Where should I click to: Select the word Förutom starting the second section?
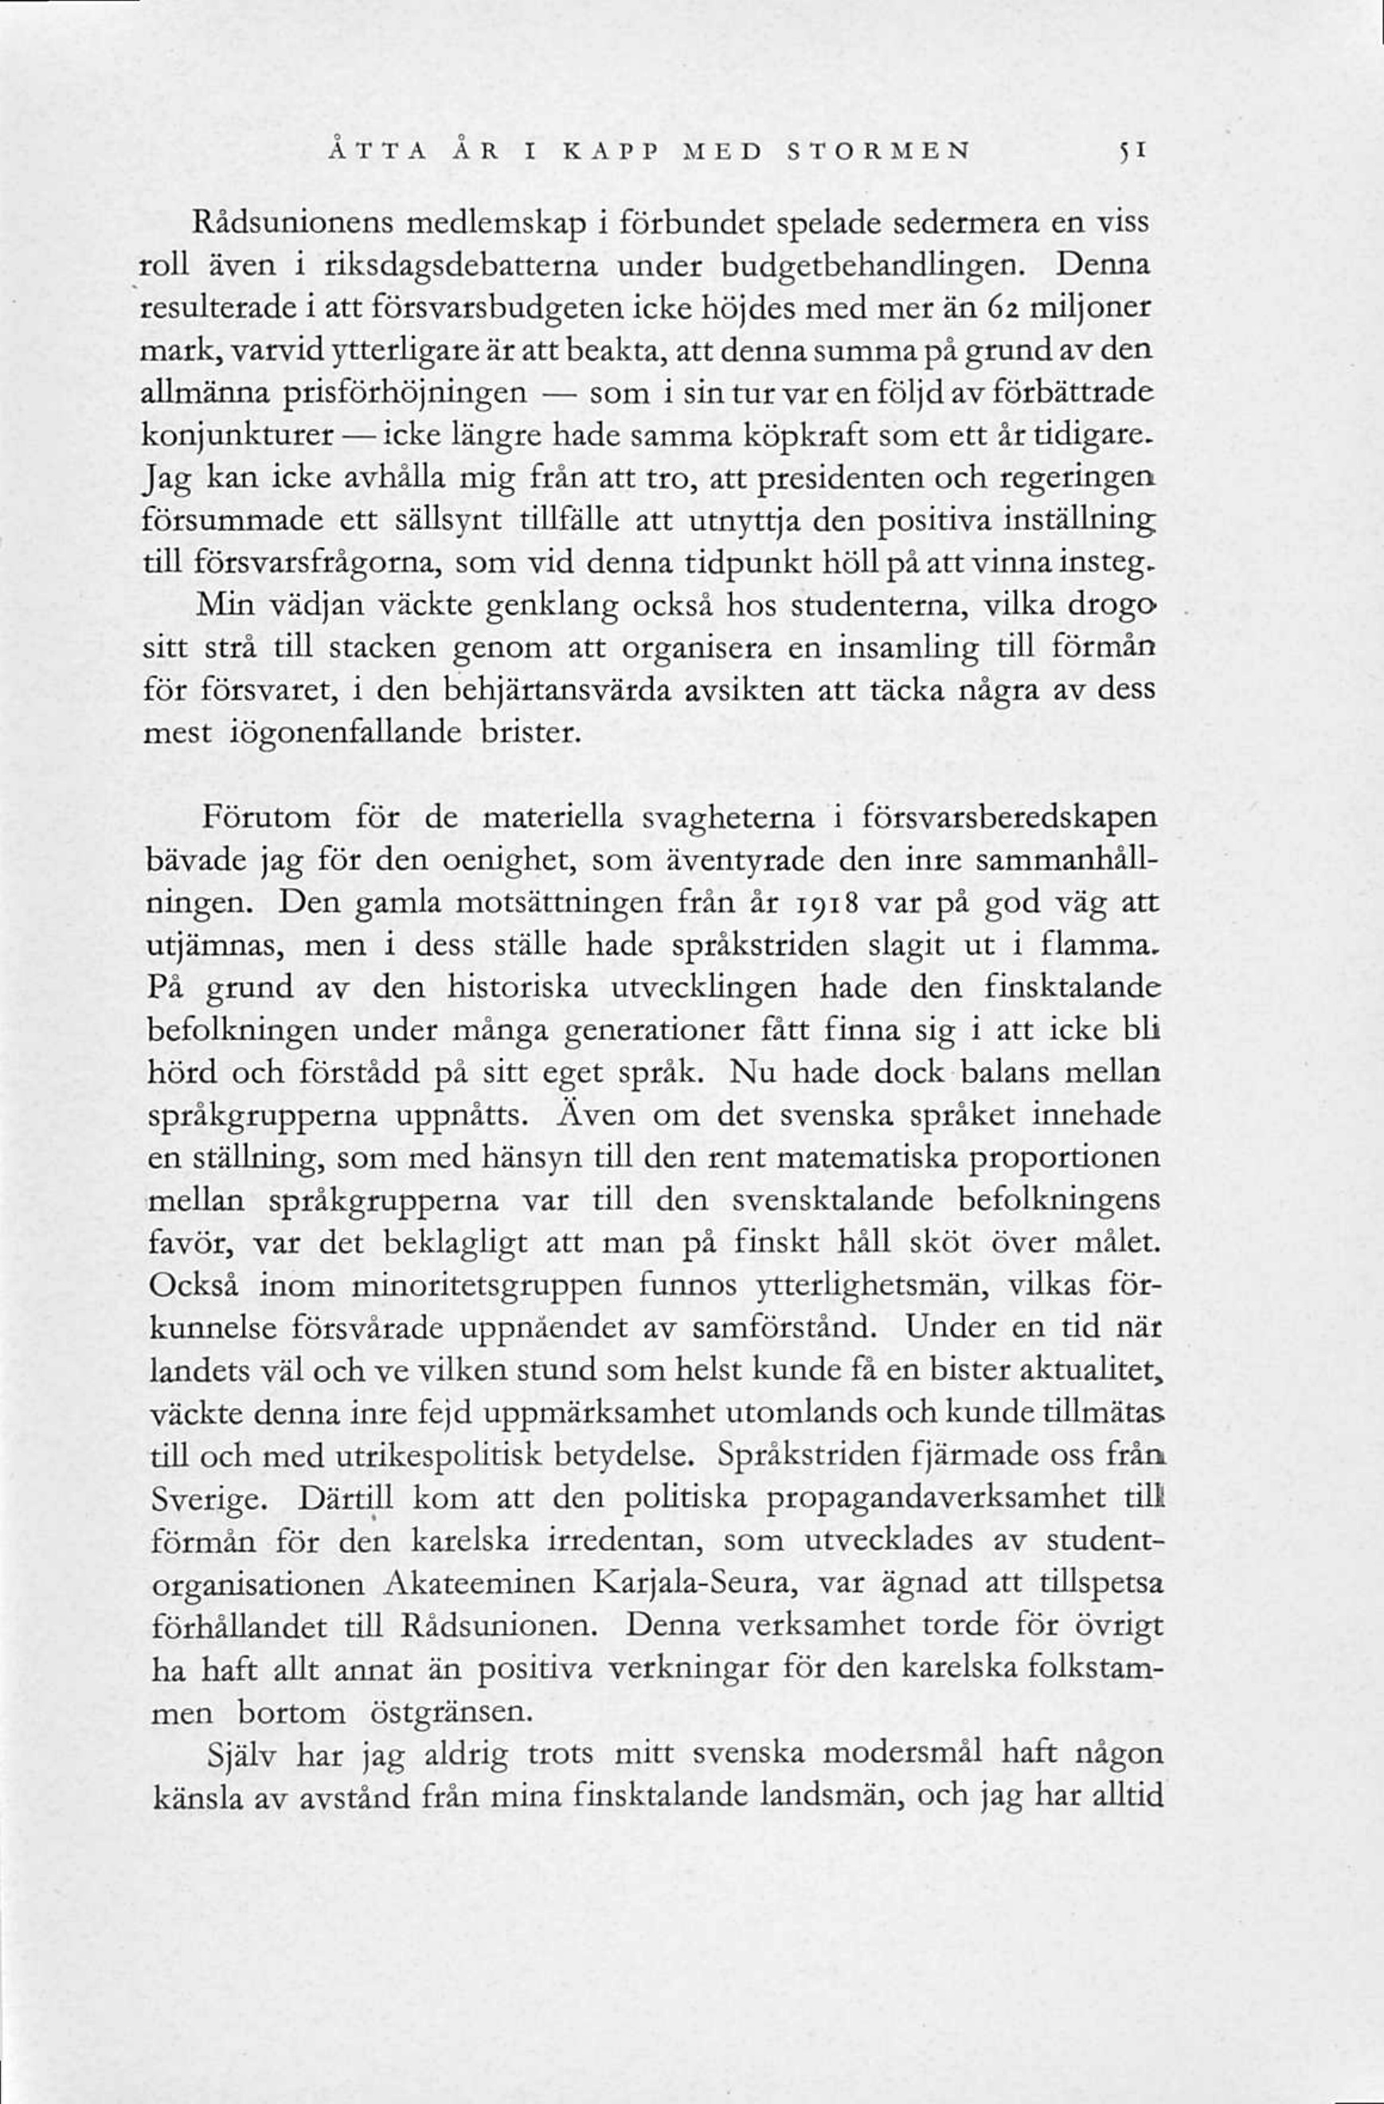coord(266,818)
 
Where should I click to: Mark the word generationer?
coord(653,1030)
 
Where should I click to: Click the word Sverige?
coord(208,1500)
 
